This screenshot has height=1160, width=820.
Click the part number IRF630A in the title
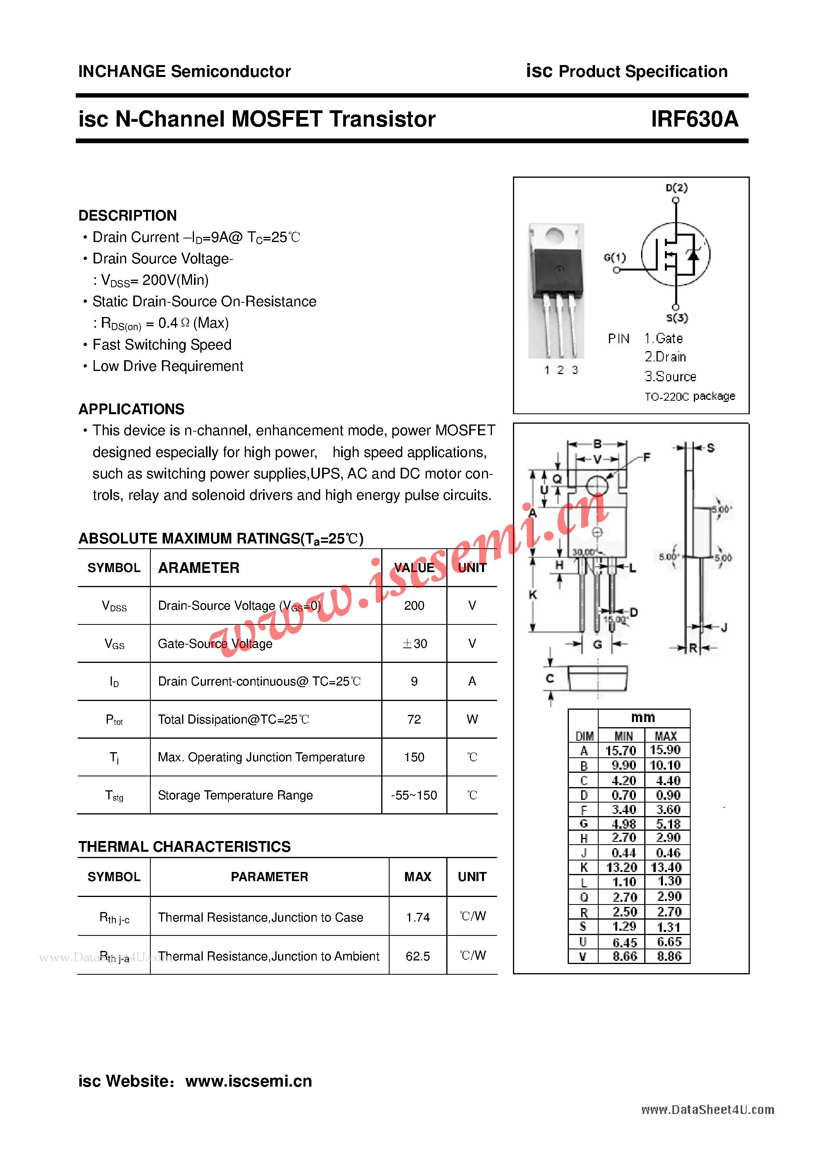[x=694, y=119]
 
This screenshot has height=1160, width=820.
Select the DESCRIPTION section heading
[x=127, y=216]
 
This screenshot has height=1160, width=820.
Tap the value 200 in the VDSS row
[x=414, y=605]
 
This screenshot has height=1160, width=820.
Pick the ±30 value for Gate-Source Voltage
[x=414, y=643]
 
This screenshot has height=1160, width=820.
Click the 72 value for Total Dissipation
[x=414, y=719]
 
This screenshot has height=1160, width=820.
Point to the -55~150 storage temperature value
[x=414, y=795]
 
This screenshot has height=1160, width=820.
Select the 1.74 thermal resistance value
[x=418, y=917]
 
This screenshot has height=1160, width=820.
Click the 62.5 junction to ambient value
[x=418, y=956]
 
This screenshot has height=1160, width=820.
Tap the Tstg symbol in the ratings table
[x=114, y=796]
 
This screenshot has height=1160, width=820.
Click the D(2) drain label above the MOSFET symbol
[x=676, y=188]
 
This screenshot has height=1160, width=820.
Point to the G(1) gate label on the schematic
[x=615, y=257]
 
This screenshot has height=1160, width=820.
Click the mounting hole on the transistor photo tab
[x=555, y=235]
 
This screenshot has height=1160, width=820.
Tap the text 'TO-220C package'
[x=689, y=397]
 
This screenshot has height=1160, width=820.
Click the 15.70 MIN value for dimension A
[x=621, y=751]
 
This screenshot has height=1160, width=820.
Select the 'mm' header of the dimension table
[x=643, y=717]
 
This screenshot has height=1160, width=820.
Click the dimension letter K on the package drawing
[x=532, y=595]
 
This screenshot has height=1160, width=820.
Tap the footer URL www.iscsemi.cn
[x=249, y=1081]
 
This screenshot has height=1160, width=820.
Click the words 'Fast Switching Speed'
[x=162, y=345]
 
